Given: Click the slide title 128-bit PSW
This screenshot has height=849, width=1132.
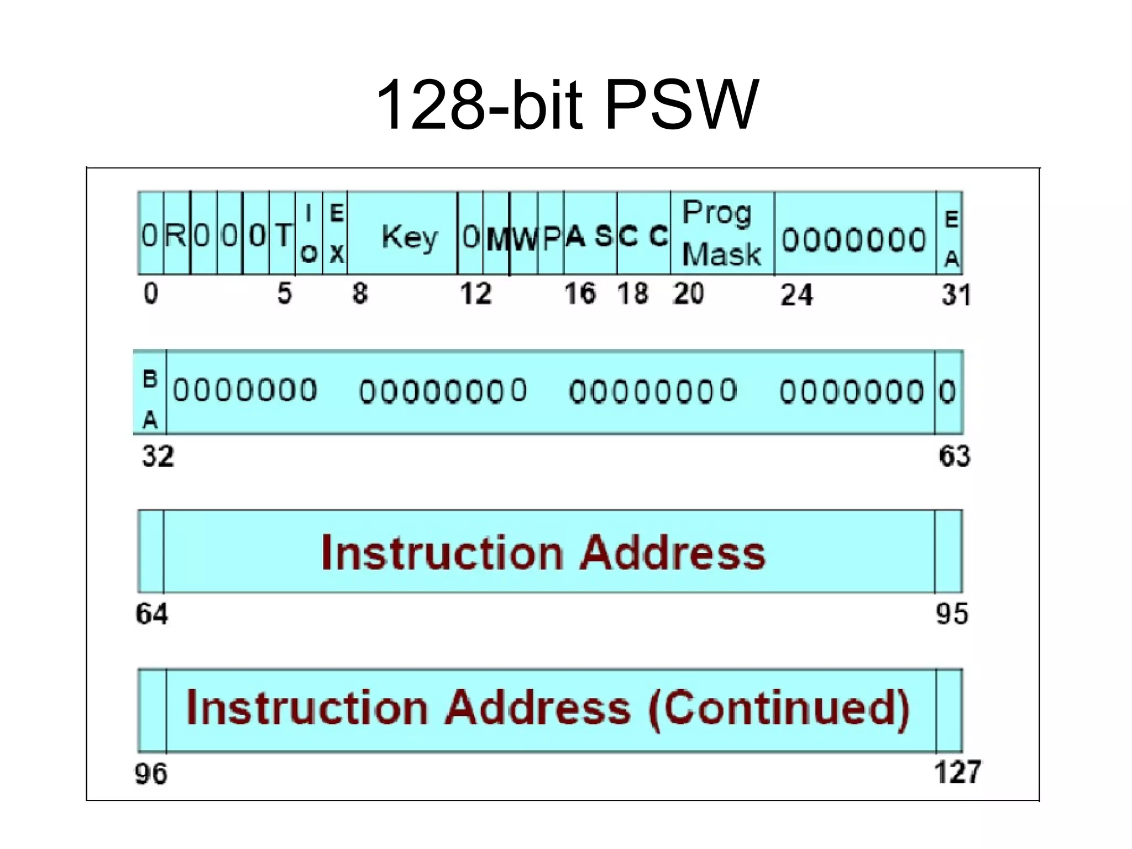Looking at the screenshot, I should pyautogui.click(x=567, y=105).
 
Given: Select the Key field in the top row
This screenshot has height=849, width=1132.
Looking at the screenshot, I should pyautogui.click(x=409, y=237).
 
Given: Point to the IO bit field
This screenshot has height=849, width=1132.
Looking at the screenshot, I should pyautogui.click(x=309, y=233).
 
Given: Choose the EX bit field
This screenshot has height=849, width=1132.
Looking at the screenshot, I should pyautogui.click(x=336, y=233).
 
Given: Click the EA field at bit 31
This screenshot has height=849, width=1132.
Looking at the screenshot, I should pyautogui.click(x=950, y=238).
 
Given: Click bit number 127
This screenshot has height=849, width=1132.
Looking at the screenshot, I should pyautogui.click(x=957, y=772).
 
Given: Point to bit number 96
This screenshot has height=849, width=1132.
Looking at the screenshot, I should pyautogui.click(x=150, y=774).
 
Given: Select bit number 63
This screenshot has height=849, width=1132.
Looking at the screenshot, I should pyautogui.click(x=954, y=457).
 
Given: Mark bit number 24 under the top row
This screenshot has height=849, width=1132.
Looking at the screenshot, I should pyautogui.click(x=796, y=295).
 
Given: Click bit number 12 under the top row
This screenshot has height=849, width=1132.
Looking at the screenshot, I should pyautogui.click(x=475, y=294).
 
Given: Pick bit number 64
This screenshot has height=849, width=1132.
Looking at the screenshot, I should pyautogui.click(x=151, y=614).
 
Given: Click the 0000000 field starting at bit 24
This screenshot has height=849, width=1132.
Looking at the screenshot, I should pyautogui.click(x=853, y=239).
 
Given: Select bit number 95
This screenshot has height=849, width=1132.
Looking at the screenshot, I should pyautogui.click(x=951, y=614).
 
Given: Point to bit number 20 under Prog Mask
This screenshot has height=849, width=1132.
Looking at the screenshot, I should pyautogui.click(x=688, y=294).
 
